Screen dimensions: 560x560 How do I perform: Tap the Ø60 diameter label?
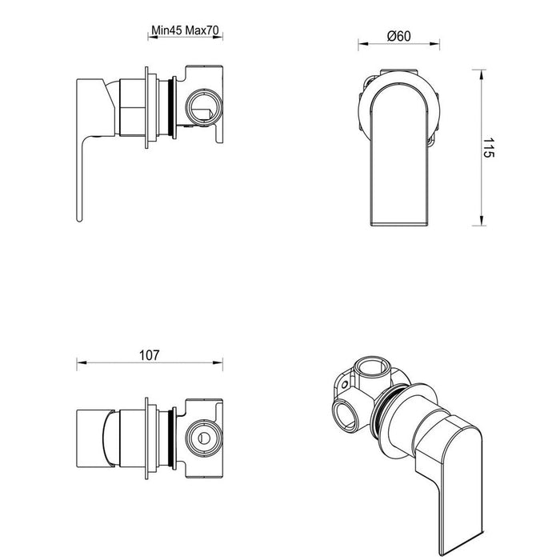[x=398, y=35]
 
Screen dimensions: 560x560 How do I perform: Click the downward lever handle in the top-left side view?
[x=83, y=176]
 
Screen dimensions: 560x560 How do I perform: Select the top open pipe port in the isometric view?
[x=373, y=369]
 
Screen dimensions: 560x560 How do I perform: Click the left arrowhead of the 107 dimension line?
[x=79, y=365]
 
